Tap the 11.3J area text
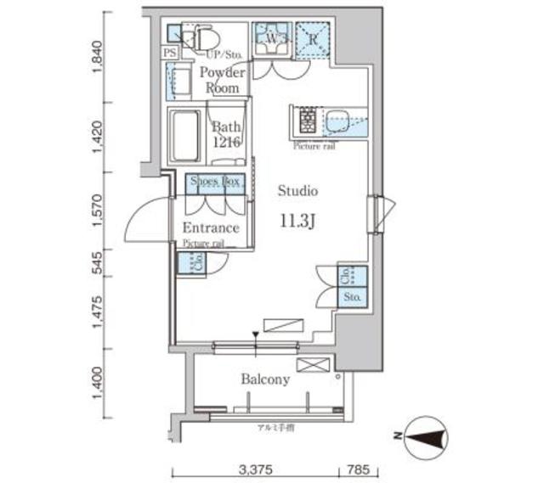click(298, 220)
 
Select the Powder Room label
click(222, 80)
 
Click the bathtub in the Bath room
click(184, 135)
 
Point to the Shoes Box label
click(215, 182)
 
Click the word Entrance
click(210, 228)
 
